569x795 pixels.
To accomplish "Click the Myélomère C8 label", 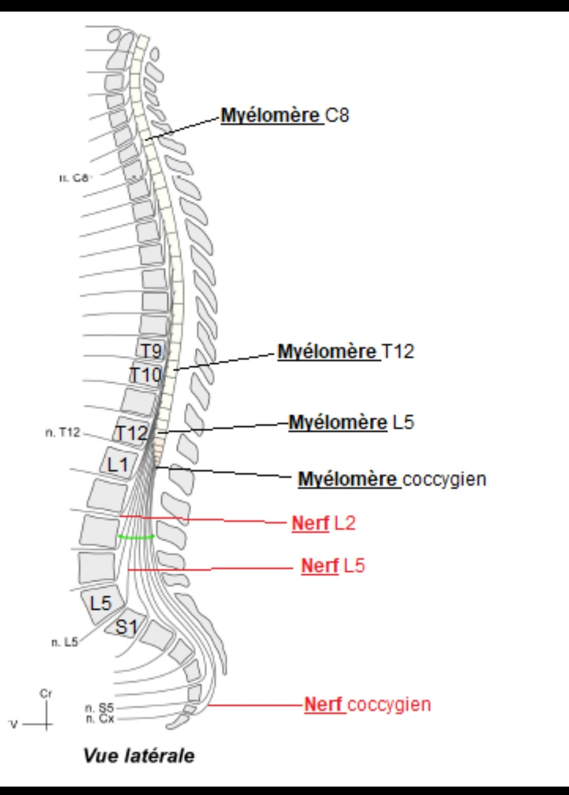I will (284, 115).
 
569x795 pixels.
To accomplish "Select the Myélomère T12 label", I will (346, 352).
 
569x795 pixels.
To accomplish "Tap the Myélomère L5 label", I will (351, 422).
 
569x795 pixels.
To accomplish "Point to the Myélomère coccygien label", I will (392, 479).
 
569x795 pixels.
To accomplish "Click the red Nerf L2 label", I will (323, 523).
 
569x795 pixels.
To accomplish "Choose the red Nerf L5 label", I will (332, 566).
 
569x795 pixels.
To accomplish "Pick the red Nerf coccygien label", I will (367, 704).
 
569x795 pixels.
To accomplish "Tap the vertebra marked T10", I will (145, 375).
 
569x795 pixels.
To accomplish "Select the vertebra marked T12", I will (131, 433).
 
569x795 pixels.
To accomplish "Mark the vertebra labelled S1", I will (126, 627).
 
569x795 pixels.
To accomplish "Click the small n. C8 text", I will (74, 178).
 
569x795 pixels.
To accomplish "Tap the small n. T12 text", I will (63, 433).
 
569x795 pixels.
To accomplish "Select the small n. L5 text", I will (64, 642).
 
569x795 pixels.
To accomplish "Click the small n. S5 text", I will (99, 708).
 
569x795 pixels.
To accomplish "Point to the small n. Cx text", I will (100, 719).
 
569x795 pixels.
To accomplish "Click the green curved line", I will (136, 537).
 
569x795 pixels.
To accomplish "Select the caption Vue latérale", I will (139, 756).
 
